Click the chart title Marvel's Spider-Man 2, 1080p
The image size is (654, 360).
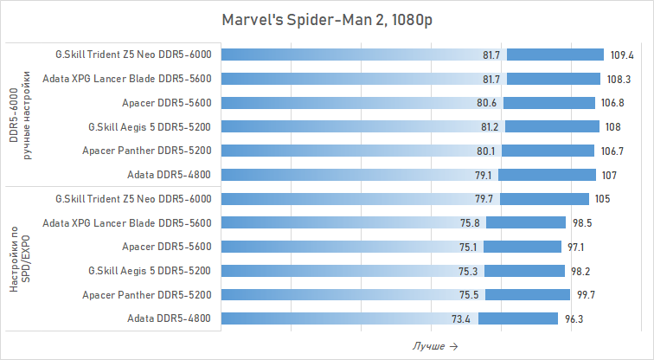click(x=327, y=19)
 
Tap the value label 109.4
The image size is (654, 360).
click(x=622, y=55)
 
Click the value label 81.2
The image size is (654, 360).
click(x=490, y=127)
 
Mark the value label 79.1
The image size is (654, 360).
click(x=484, y=175)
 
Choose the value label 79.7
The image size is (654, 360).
click(x=486, y=199)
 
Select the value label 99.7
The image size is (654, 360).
click(x=586, y=295)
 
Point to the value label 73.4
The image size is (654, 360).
click(x=461, y=319)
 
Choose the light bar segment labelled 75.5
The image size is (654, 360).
click(x=346, y=295)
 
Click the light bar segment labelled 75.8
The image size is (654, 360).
click(x=346, y=223)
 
